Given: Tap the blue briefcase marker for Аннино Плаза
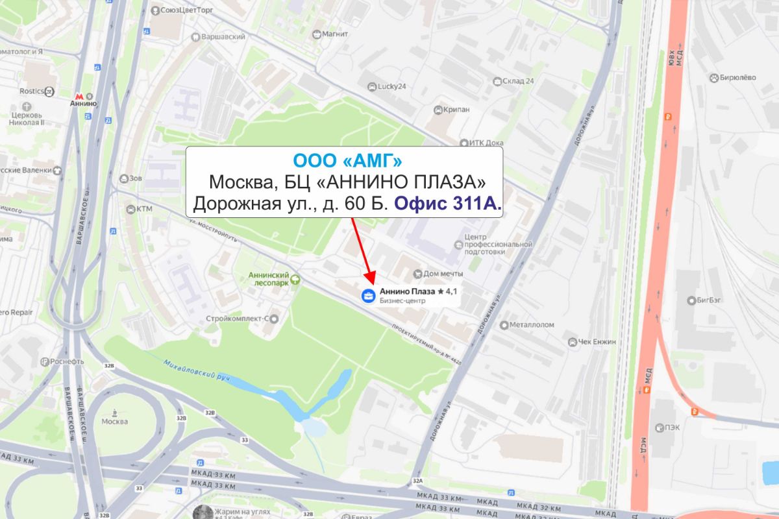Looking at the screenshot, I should pos(368,296).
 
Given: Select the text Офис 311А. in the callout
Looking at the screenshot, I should pos(448,204).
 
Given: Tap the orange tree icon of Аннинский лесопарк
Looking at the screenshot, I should pos(295,280).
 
